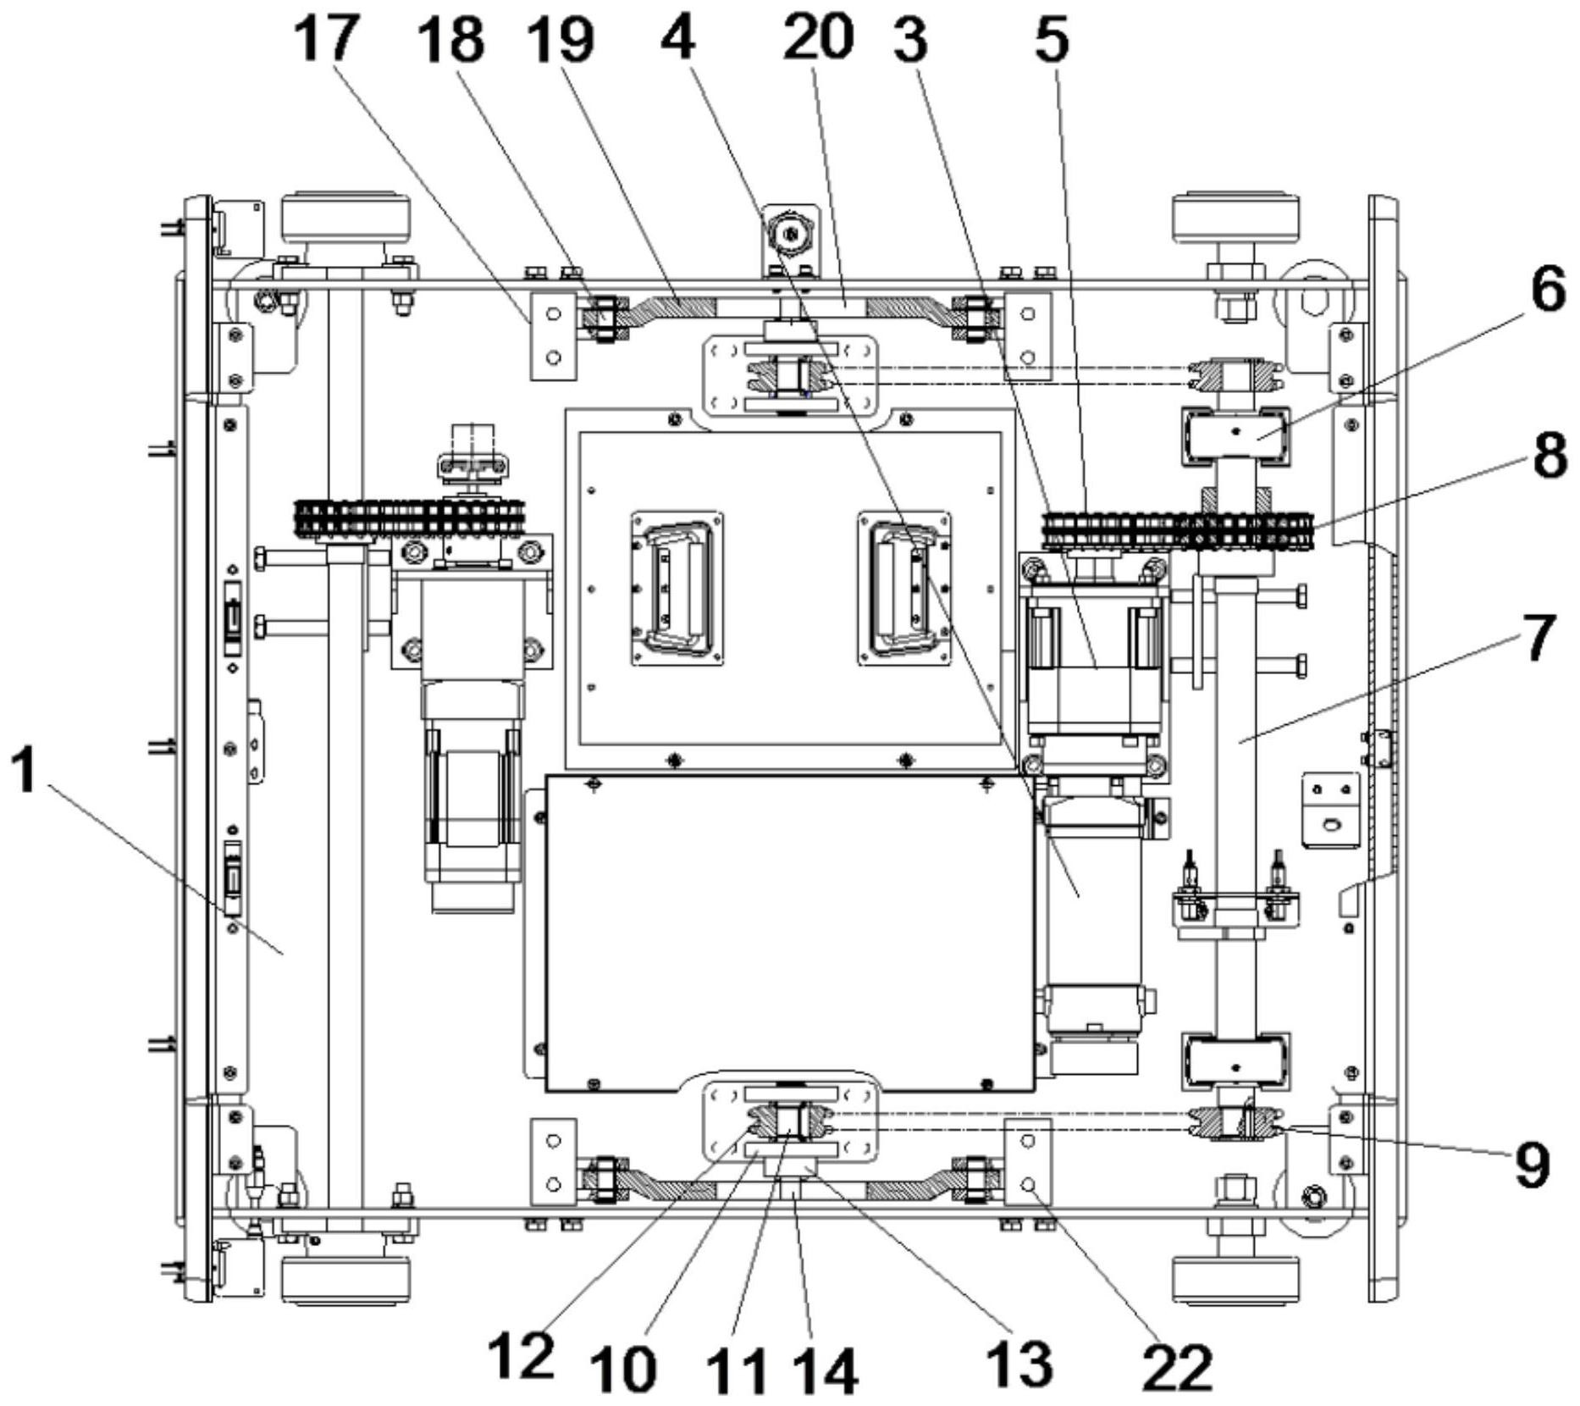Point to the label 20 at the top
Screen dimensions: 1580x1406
818,39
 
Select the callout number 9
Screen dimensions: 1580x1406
1532,1164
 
